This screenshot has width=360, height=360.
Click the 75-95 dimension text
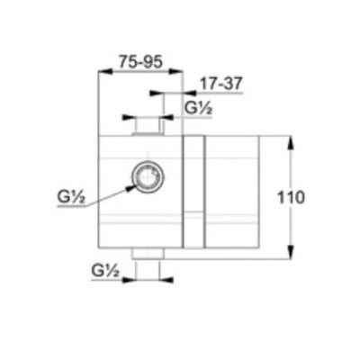point(140,62)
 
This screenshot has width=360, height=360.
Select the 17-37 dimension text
point(220,84)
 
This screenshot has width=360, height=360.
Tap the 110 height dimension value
point(291,198)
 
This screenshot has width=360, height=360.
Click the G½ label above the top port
point(199,108)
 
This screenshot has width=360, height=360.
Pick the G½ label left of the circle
point(71,198)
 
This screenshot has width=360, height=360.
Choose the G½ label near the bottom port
point(105,271)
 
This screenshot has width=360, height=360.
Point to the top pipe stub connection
point(148,128)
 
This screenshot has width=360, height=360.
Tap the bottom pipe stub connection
point(148,254)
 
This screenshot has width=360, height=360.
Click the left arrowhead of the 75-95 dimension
point(105,71)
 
